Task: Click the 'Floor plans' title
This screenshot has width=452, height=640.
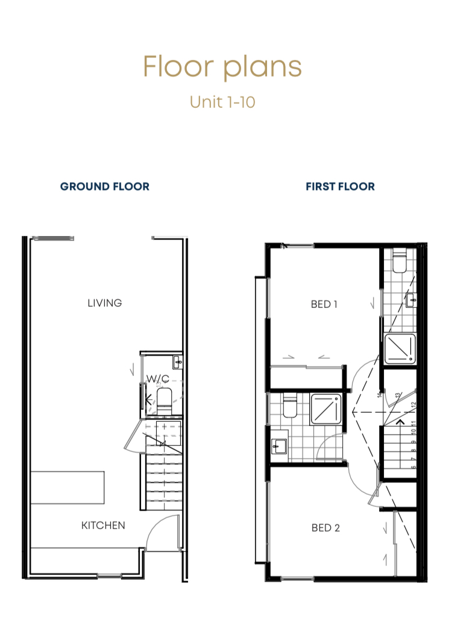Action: click(222, 66)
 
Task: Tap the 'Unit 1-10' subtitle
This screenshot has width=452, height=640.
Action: click(222, 102)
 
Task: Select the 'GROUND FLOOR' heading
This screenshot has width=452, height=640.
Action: click(105, 187)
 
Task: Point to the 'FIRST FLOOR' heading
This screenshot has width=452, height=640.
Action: click(340, 187)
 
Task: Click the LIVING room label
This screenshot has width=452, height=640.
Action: click(105, 303)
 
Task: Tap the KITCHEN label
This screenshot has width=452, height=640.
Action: click(103, 525)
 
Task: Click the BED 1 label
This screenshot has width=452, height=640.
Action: click(324, 304)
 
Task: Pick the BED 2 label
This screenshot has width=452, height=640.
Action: click(325, 528)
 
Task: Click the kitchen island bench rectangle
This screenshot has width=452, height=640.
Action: click(68, 488)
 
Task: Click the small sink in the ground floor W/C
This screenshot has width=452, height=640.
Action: click(177, 362)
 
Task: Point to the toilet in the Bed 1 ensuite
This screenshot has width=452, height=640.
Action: click(400, 263)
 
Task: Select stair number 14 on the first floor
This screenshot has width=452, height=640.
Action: click(378, 395)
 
